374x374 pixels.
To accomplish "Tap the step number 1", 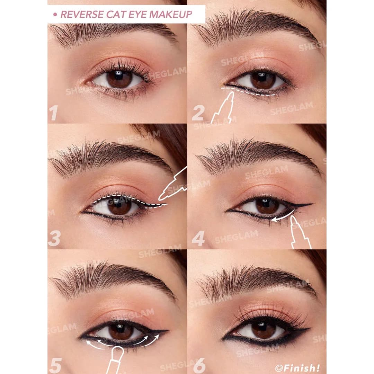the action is click(x=54, y=113).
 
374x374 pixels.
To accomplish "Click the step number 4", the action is click(x=198, y=238).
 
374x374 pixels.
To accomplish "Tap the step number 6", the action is click(x=199, y=365).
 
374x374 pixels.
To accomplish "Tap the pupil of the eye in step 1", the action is click(x=119, y=79).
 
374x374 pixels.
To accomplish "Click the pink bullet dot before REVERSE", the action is click(x=55, y=15).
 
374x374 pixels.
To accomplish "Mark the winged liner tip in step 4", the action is click(x=311, y=204).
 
